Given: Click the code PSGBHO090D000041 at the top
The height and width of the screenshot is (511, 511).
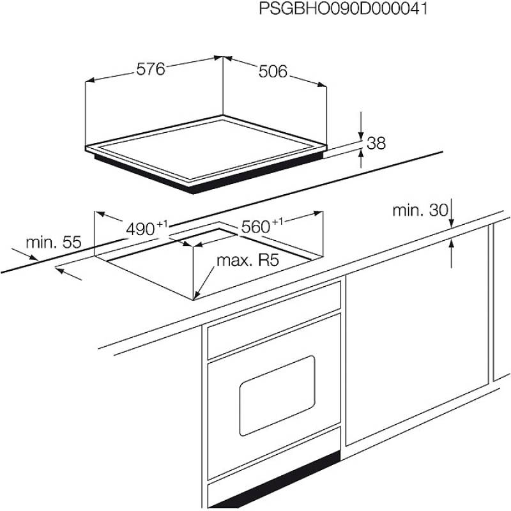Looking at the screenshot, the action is pyautogui.click(x=343, y=8).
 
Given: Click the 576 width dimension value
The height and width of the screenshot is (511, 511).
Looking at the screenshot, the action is pyautogui.click(x=151, y=69).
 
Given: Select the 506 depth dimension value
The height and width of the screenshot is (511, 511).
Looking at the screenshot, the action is pyautogui.click(x=273, y=72).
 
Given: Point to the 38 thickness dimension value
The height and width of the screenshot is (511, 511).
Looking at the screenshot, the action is pyautogui.click(x=376, y=143).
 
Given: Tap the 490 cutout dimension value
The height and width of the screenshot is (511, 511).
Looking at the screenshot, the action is pyautogui.click(x=140, y=229).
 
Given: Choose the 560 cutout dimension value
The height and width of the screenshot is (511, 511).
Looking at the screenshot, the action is pyautogui.click(x=256, y=227).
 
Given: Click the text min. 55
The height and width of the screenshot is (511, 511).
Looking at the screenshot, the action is pyautogui.click(x=54, y=242).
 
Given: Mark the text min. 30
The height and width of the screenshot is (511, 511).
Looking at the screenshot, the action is pyautogui.click(x=420, y=211).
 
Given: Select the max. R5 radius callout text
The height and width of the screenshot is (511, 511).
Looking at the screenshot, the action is pyautogui.click(x=248, y=261).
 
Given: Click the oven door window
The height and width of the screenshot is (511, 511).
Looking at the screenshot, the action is pyautogui.click(x=277, y=395).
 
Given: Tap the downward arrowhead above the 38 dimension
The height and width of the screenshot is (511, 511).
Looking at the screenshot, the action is pyautogui.click(x=361, y=137).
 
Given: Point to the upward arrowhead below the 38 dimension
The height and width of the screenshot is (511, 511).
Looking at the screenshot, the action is pyautogui.click(x=361, y=153).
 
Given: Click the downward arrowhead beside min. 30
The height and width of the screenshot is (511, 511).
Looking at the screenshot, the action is pyautogui.click(x=452, y=222).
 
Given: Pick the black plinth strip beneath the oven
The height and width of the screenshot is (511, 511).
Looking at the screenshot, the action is pyautogui.click(x=274, y=480).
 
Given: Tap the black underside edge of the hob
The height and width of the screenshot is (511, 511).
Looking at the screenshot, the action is pyautogui.click(x=209, y=174).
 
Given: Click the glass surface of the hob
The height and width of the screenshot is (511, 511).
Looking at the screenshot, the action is pyautogui.click(x=205, y=148).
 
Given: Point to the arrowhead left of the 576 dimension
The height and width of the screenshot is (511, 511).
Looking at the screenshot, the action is pyautogui.click(x=90, y=80).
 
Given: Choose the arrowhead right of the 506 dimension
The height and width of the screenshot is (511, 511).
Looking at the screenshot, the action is pyautogui.click(x=321, y=84).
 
